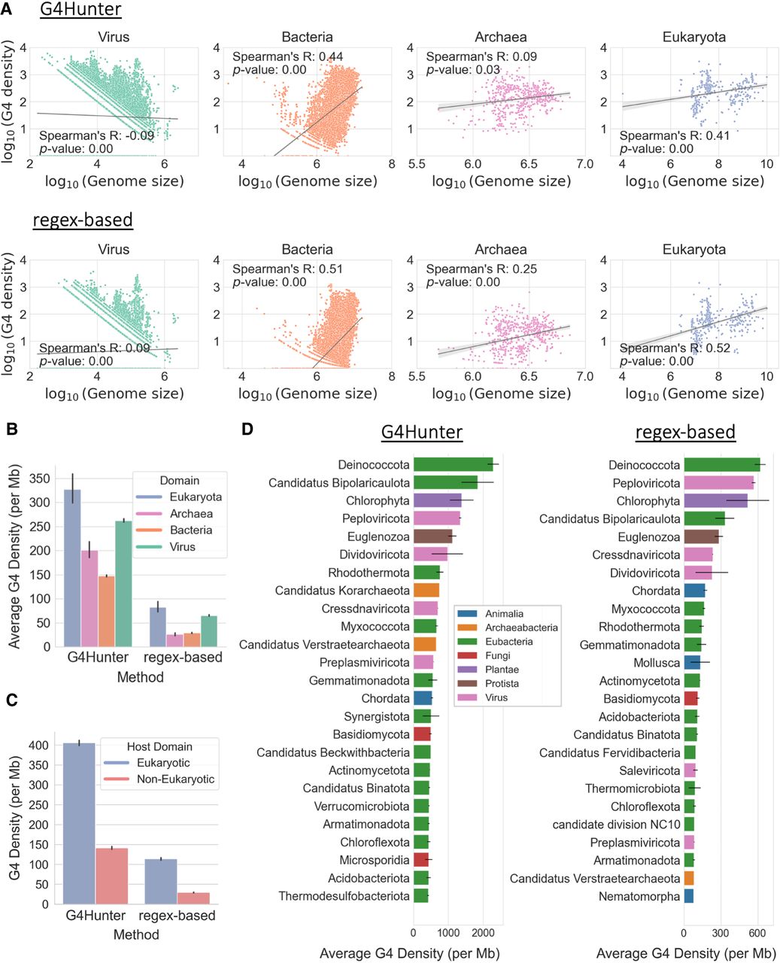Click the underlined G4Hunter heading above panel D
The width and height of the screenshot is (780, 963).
click(x=421, y=431)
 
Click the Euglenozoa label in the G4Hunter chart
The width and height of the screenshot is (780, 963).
click(x=378, y=536)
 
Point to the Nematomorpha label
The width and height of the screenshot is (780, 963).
click(x=639, y=896)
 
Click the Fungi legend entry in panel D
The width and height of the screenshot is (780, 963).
click(x=497, y=655)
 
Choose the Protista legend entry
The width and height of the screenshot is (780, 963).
click(x=502, y=683)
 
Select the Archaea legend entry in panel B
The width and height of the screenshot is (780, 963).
click(x=190, y=514)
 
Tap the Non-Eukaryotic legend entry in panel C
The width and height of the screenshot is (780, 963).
click(x=175, y=779)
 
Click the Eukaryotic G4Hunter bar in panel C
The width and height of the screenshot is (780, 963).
click(x=79, y=823)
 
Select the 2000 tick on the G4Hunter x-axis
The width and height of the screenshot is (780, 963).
click(x=484, y=933)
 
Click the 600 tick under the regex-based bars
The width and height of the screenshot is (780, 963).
click(x=757, y=933)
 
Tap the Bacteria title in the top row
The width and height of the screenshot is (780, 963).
click(x=307, y=37)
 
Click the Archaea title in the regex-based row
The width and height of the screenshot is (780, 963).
click(x=501, y=249)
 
